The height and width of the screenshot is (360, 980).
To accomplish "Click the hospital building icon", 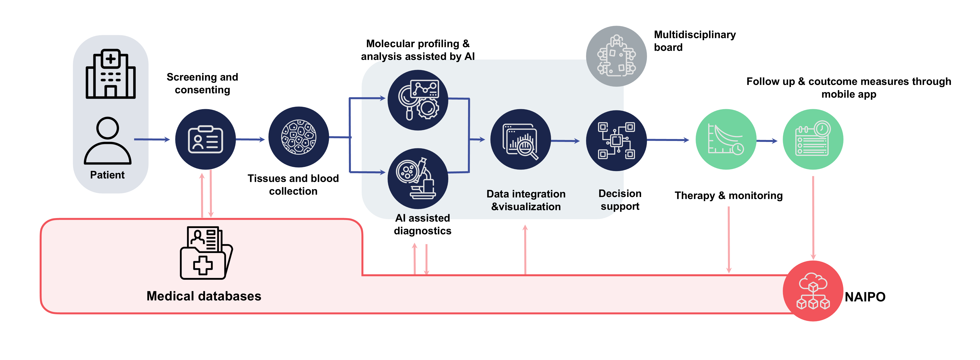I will pos(110,74).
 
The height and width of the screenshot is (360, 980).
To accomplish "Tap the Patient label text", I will pos(107,175).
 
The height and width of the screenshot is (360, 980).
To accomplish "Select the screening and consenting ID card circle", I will pos(206,139).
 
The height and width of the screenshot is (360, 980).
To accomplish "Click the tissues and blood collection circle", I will pos(299,137).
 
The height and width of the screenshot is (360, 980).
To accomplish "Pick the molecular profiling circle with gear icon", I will pos(418,100).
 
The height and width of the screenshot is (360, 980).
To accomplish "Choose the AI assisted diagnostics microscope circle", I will pos(418,178).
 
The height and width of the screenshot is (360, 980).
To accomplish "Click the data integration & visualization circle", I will pos(520,139).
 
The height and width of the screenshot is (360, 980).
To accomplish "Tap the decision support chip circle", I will pos(616,140).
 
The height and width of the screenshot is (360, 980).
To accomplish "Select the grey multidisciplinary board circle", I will pos(616,56).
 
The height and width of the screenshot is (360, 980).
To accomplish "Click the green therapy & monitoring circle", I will pos(726,139).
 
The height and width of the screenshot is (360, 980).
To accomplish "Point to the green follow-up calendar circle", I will pos(813,139).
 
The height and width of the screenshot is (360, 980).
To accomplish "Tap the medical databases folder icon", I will pos(206,253).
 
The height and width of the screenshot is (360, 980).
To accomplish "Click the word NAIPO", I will pos(865,297).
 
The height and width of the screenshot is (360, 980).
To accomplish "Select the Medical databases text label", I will pos(204,296).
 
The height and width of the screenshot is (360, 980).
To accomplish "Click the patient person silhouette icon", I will pos(108,141).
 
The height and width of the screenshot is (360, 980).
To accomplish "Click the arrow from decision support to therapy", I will pos(668,140).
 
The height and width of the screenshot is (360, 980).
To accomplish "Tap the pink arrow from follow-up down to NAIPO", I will pos(813,217).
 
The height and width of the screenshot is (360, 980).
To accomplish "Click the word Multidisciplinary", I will pos(695,35).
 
